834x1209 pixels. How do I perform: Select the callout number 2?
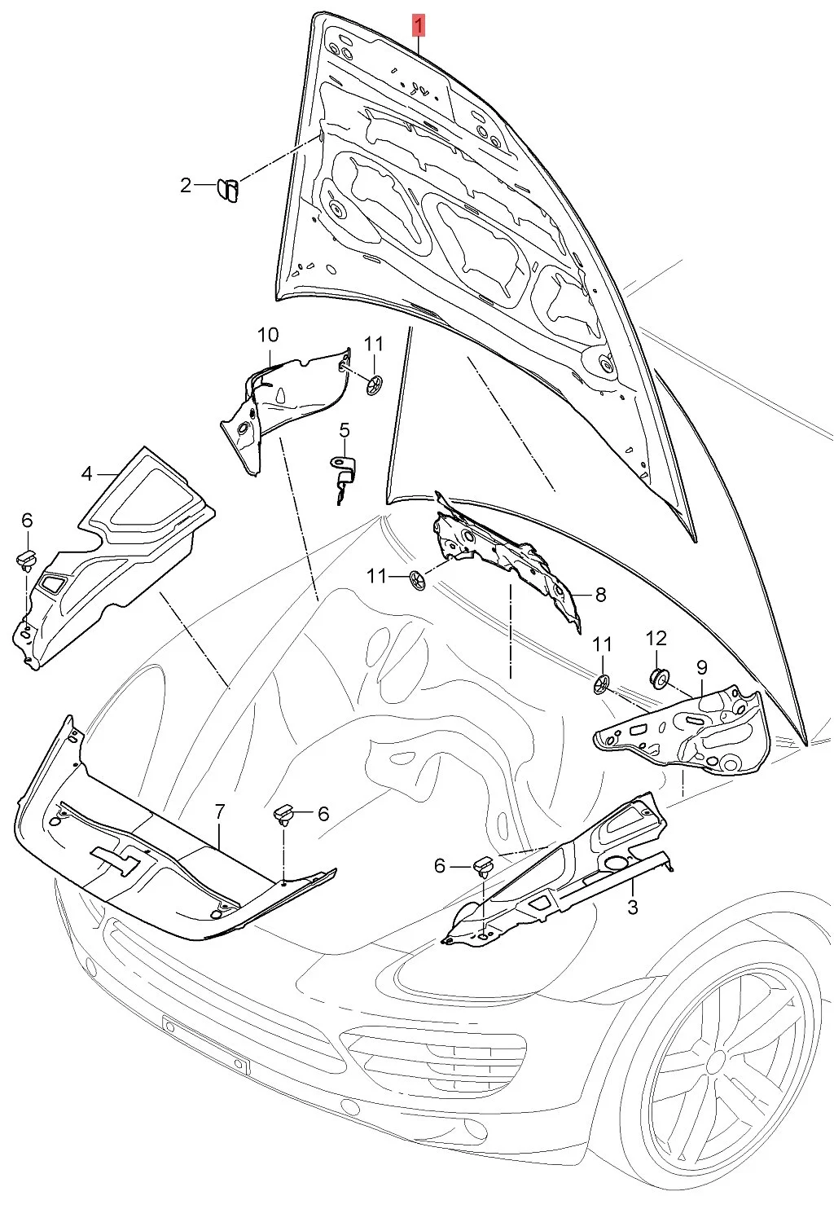coord(186,186)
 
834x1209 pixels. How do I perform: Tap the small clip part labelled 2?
coord(227,191)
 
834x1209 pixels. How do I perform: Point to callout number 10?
coord(268,335)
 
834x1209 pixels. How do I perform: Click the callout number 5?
coord(345,429)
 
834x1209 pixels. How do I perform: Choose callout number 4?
coord(87,473)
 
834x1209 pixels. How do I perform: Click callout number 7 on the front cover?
coord(219,811)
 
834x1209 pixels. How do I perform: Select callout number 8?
coord(600,595)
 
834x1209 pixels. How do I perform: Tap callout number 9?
coord(702,667)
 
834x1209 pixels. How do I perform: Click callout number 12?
coord(656,639)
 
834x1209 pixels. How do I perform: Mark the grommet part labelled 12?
coord(657,675)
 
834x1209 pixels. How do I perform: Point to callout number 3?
coord(633,907)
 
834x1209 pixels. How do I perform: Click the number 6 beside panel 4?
coord(27,521)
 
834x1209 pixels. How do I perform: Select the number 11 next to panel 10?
coord(373,344)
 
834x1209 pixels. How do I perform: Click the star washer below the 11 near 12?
coord(601,682)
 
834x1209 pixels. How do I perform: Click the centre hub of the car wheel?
coord(716,1062)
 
